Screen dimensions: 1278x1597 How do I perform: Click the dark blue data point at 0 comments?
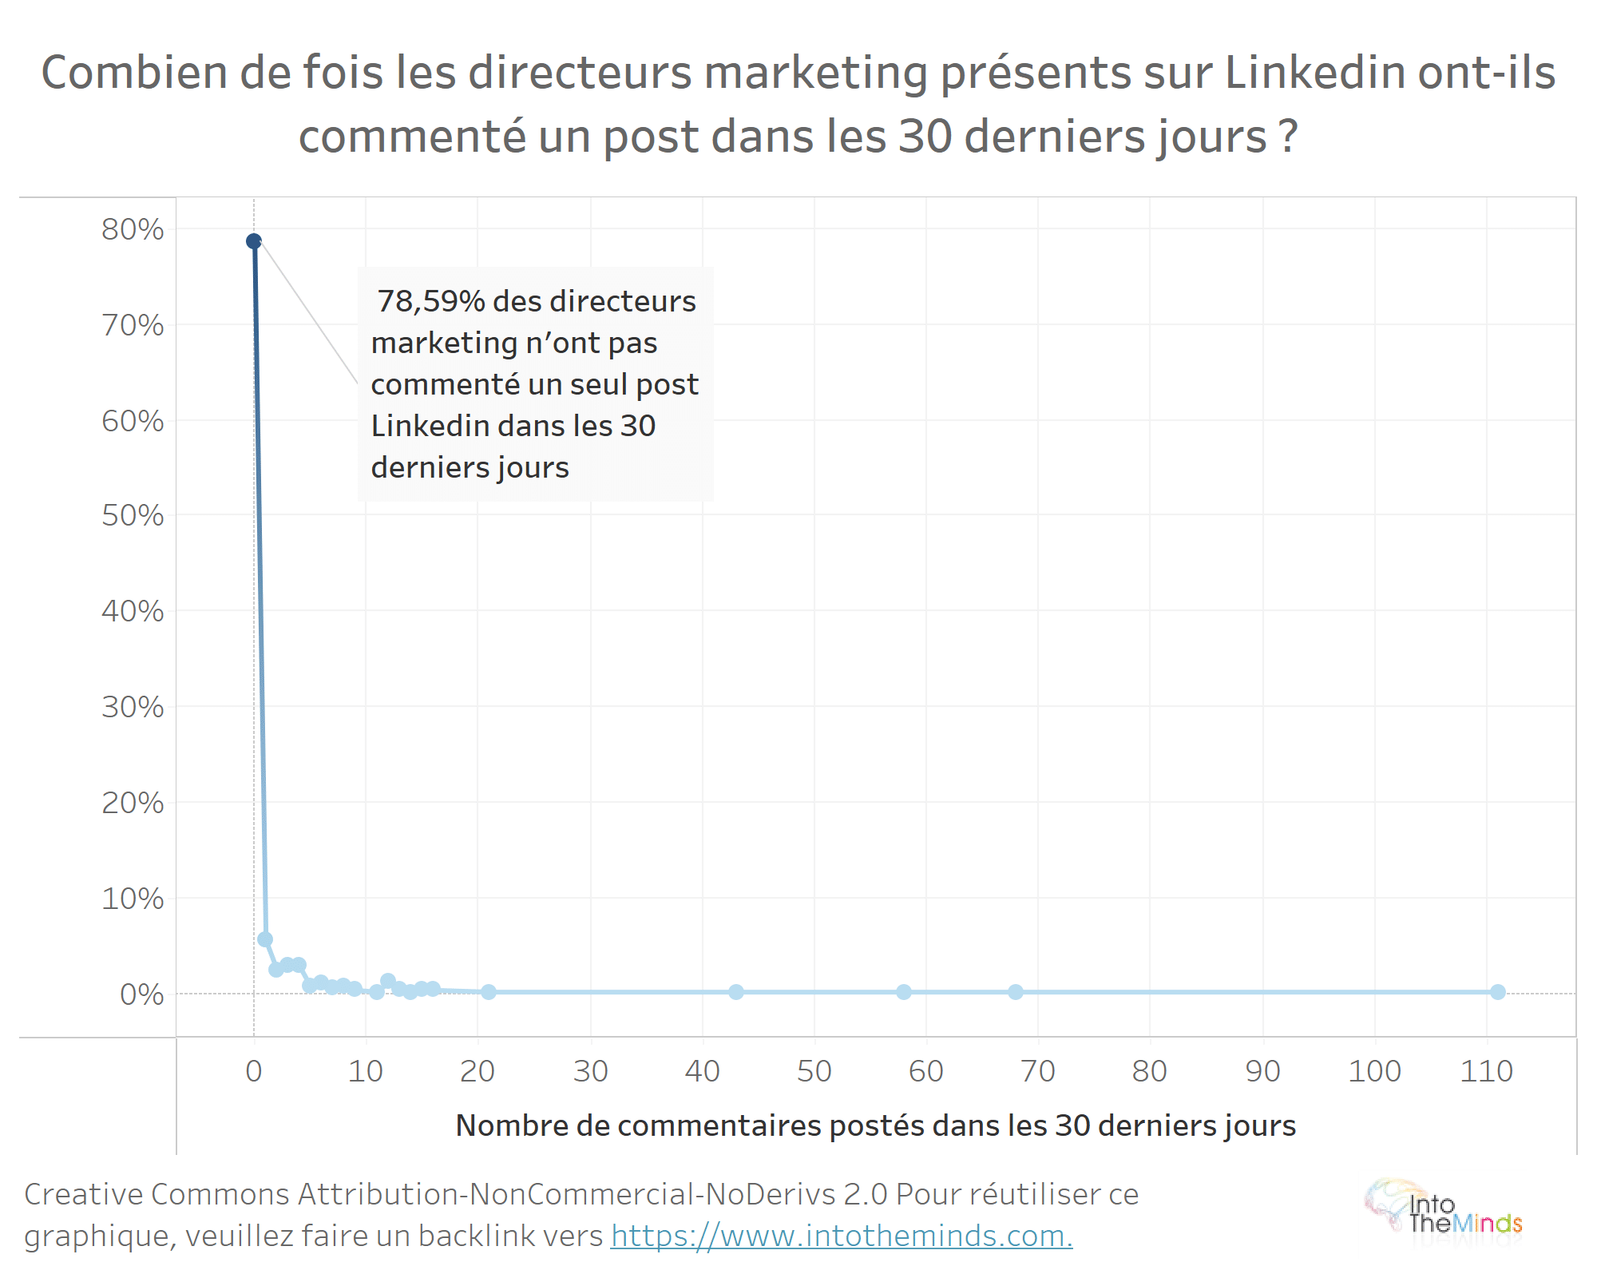254,241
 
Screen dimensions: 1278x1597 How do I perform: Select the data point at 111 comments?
1497,992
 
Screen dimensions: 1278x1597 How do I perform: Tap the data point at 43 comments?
736,992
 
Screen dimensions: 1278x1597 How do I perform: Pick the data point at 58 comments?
904,992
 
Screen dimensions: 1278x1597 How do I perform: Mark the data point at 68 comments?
1016,992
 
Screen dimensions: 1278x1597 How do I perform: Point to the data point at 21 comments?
489,992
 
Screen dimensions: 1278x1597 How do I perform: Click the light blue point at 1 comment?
265,939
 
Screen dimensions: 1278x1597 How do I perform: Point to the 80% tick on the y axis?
133,230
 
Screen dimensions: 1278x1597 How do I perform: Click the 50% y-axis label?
133,516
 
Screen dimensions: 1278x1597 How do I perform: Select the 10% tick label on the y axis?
133,899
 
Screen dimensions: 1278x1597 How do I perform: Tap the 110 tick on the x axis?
1486,1071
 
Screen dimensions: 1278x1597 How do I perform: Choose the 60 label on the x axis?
926,1071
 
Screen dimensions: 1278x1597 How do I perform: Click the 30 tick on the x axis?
591,1071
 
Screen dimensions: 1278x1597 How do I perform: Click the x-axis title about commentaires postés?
875,1125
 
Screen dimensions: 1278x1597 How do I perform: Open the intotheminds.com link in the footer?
842,1236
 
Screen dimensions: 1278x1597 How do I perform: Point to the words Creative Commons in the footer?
157,1194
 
